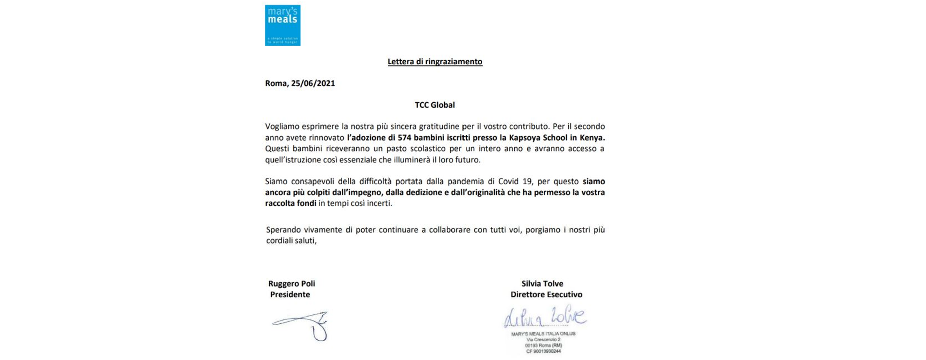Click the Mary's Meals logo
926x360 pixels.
[x=283, y=25]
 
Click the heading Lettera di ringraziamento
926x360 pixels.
[x=435, y=61]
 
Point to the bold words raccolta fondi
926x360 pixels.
[x=290, y=203]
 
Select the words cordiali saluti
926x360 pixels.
[x=291, y=241]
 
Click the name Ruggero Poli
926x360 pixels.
[x=292, y=283]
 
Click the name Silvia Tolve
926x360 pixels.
[x=542, y=283]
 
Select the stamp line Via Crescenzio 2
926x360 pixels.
[x=543, y=339]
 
